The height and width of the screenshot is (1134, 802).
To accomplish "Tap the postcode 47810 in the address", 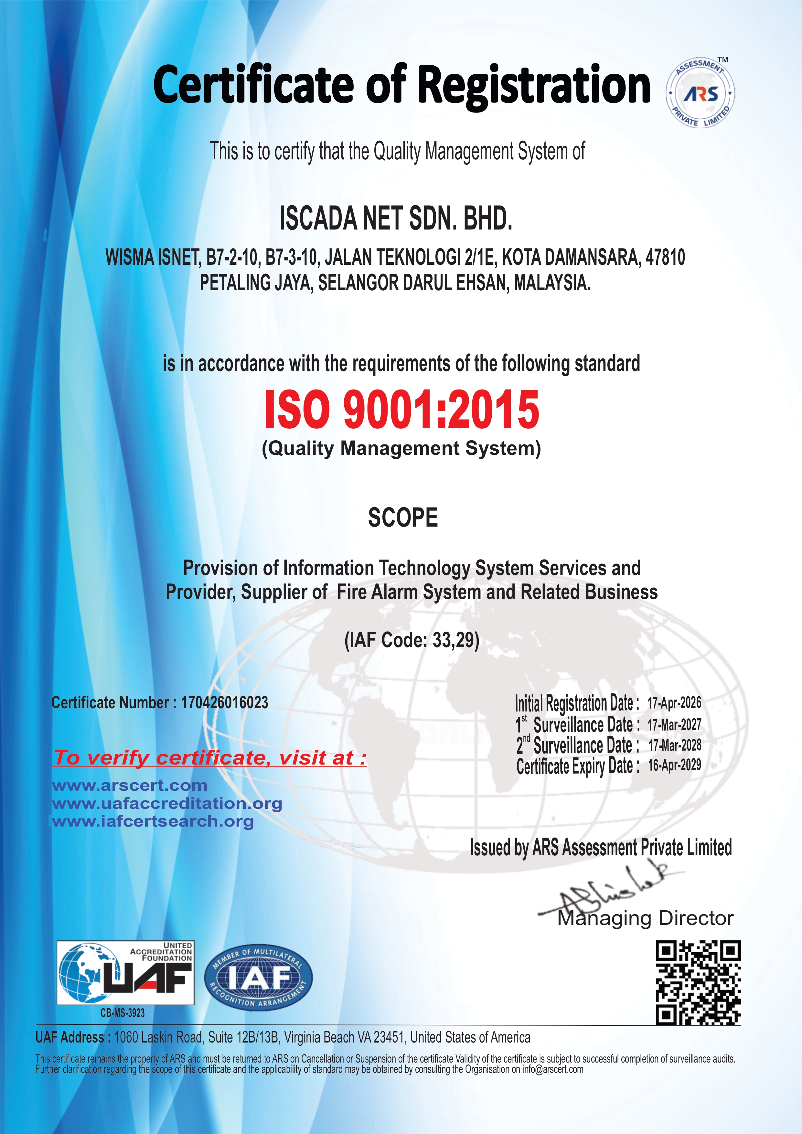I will click(x=665, y=257).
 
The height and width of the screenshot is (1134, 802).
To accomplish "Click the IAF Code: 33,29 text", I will click(x=412, y=640).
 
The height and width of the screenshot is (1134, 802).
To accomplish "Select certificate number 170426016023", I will click(x=224, y=702).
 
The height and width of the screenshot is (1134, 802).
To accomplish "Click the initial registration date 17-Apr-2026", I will click(x=674, y=702).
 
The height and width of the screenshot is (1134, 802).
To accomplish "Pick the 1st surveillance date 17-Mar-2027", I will click(x=674, y=724).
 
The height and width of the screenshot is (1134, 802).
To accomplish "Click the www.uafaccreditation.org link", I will click(x=167, y=804).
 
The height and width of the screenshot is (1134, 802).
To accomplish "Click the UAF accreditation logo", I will click(x=125, y=972).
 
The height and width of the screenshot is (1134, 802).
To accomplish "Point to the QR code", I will click(x=698, y=983).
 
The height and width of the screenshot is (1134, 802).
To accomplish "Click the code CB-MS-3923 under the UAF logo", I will click(x=123, y=1013).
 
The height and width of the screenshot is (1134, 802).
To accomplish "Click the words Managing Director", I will click(x=645, y=918).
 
